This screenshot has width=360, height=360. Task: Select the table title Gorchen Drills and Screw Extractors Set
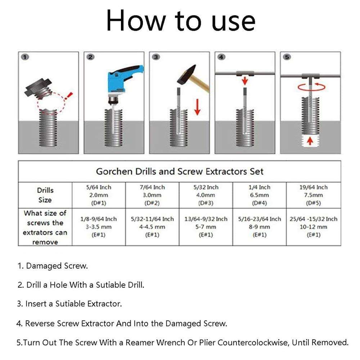click(x=180, y=171)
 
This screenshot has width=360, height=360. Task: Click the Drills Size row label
click(x=45, y=195)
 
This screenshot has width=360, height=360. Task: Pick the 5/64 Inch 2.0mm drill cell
click(x=99, y=195)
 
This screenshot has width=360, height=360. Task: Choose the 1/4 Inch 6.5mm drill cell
click(x=259, y=195)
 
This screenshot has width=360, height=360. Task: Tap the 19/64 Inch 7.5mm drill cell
click(x=313, y=195)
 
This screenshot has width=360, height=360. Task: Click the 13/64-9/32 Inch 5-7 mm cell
click(x=206, y=227)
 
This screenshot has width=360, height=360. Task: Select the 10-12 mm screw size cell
click(x=313, y=227)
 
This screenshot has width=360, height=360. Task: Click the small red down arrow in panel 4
click(x=245, y=80)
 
